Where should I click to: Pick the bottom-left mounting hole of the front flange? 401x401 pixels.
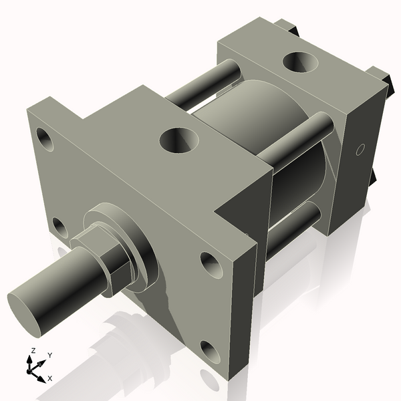[59, 227]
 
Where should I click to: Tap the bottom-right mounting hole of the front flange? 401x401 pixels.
[212, 352]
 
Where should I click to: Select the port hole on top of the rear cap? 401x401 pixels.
[300, 61]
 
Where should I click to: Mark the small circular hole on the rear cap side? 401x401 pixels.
[360, 148]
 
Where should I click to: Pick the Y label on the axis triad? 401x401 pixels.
[49, 354]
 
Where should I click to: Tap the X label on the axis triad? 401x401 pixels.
[49, 378]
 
